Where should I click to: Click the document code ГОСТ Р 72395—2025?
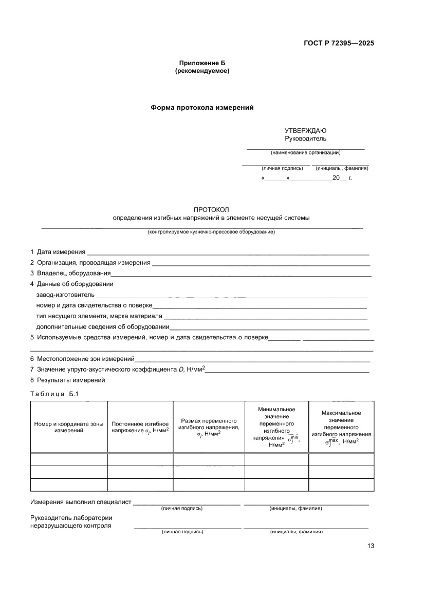pyautogui.click(x=338, y=43)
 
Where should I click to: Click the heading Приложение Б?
pyautogui.click(x=202, y=63)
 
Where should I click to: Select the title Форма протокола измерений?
pyautogui.click(x=202, y=108)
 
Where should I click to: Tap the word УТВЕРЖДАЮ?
pyautogui.click(x=305, y=130)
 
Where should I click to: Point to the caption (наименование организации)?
pyautogui.click(x=306, y=152)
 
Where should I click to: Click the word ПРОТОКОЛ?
pyautogui.click(x=211, y=209)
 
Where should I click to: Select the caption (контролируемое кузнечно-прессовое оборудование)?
pyautogui.click(x=211, y=232)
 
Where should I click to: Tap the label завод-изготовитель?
pyautogui.click(x=65, y=295)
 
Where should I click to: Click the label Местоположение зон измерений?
pyautogui.click(x=85, y=359)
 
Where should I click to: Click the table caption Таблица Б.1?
pyautogui.click(x=53, y=394)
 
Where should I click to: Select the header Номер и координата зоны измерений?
pyautogui.click(x=68, y=427)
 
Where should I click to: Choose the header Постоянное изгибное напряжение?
pyautogui.click(x=140, y=427)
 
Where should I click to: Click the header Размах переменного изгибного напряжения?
pyautogui.click(x=209, y=427)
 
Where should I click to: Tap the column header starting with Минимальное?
pyautogui.click(x=276, y=426)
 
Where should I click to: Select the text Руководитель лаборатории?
pyautogui.click(x=71, y=518)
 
